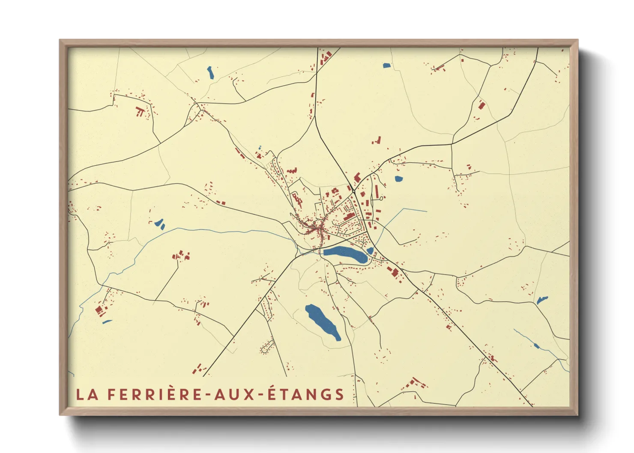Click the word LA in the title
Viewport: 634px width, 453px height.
click(88, 394)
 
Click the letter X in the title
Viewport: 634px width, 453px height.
click(250, 394)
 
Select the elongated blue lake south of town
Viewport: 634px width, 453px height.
click(322, 321)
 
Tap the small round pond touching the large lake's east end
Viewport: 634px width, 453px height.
click(370, 250)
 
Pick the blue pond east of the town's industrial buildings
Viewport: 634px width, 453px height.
click(398, 179)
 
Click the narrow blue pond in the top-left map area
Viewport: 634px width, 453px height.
click(210, 73)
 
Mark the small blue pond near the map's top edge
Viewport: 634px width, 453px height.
click(387, 66)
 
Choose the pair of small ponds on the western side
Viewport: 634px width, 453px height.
click(160, 224)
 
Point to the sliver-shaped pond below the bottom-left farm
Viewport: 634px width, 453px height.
click(107, 322)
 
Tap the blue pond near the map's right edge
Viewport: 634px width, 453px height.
click(542, 300)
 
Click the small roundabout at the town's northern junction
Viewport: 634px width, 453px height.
click(381, 198)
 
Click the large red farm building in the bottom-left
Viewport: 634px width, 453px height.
click(99, 310)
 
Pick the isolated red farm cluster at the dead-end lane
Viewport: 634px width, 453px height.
click(180, 256)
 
